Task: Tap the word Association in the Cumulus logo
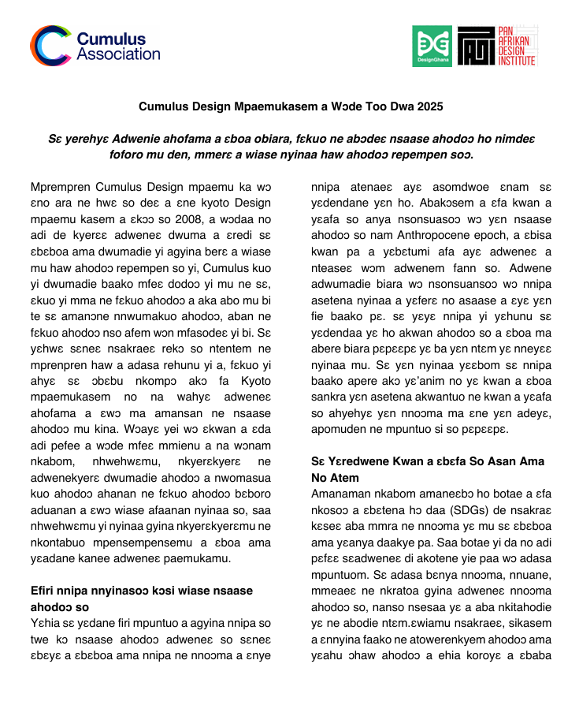(x=118, y=54)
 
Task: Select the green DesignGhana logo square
(x=432, y=47)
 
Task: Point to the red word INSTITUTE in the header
(x=517, y=61)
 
